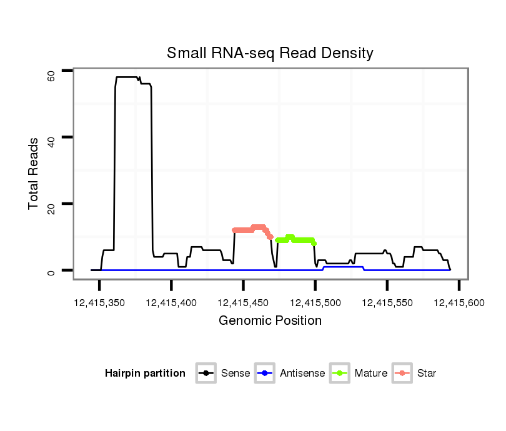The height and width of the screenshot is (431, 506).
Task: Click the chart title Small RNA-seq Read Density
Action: coord(270,53)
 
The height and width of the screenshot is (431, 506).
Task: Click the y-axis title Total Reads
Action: coord(34,174)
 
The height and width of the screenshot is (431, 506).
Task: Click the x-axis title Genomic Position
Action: coord(270,321)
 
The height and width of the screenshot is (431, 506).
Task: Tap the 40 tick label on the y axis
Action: coord(52,141)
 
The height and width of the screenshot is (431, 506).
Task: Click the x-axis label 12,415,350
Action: coord(99,303)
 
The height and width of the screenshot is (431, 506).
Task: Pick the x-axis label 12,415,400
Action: coord(171,303)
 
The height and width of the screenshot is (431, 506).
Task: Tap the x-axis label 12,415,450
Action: coord(243,303)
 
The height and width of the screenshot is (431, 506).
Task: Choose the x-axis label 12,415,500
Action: coord(315,303)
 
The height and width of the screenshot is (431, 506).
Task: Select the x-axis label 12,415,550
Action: coord(387,303)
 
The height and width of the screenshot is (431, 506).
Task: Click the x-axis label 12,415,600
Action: coord(459,303)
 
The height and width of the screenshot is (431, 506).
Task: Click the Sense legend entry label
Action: coord(236,374)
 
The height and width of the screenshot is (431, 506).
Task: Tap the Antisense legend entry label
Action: coord(302,374)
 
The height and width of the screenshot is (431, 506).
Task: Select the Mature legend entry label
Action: coord(371,374)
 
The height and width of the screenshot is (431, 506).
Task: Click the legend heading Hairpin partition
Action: coord(145,374)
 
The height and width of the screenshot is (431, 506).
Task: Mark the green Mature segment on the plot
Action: coord(295,239)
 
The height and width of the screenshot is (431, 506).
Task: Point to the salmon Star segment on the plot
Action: coord(250,229)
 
